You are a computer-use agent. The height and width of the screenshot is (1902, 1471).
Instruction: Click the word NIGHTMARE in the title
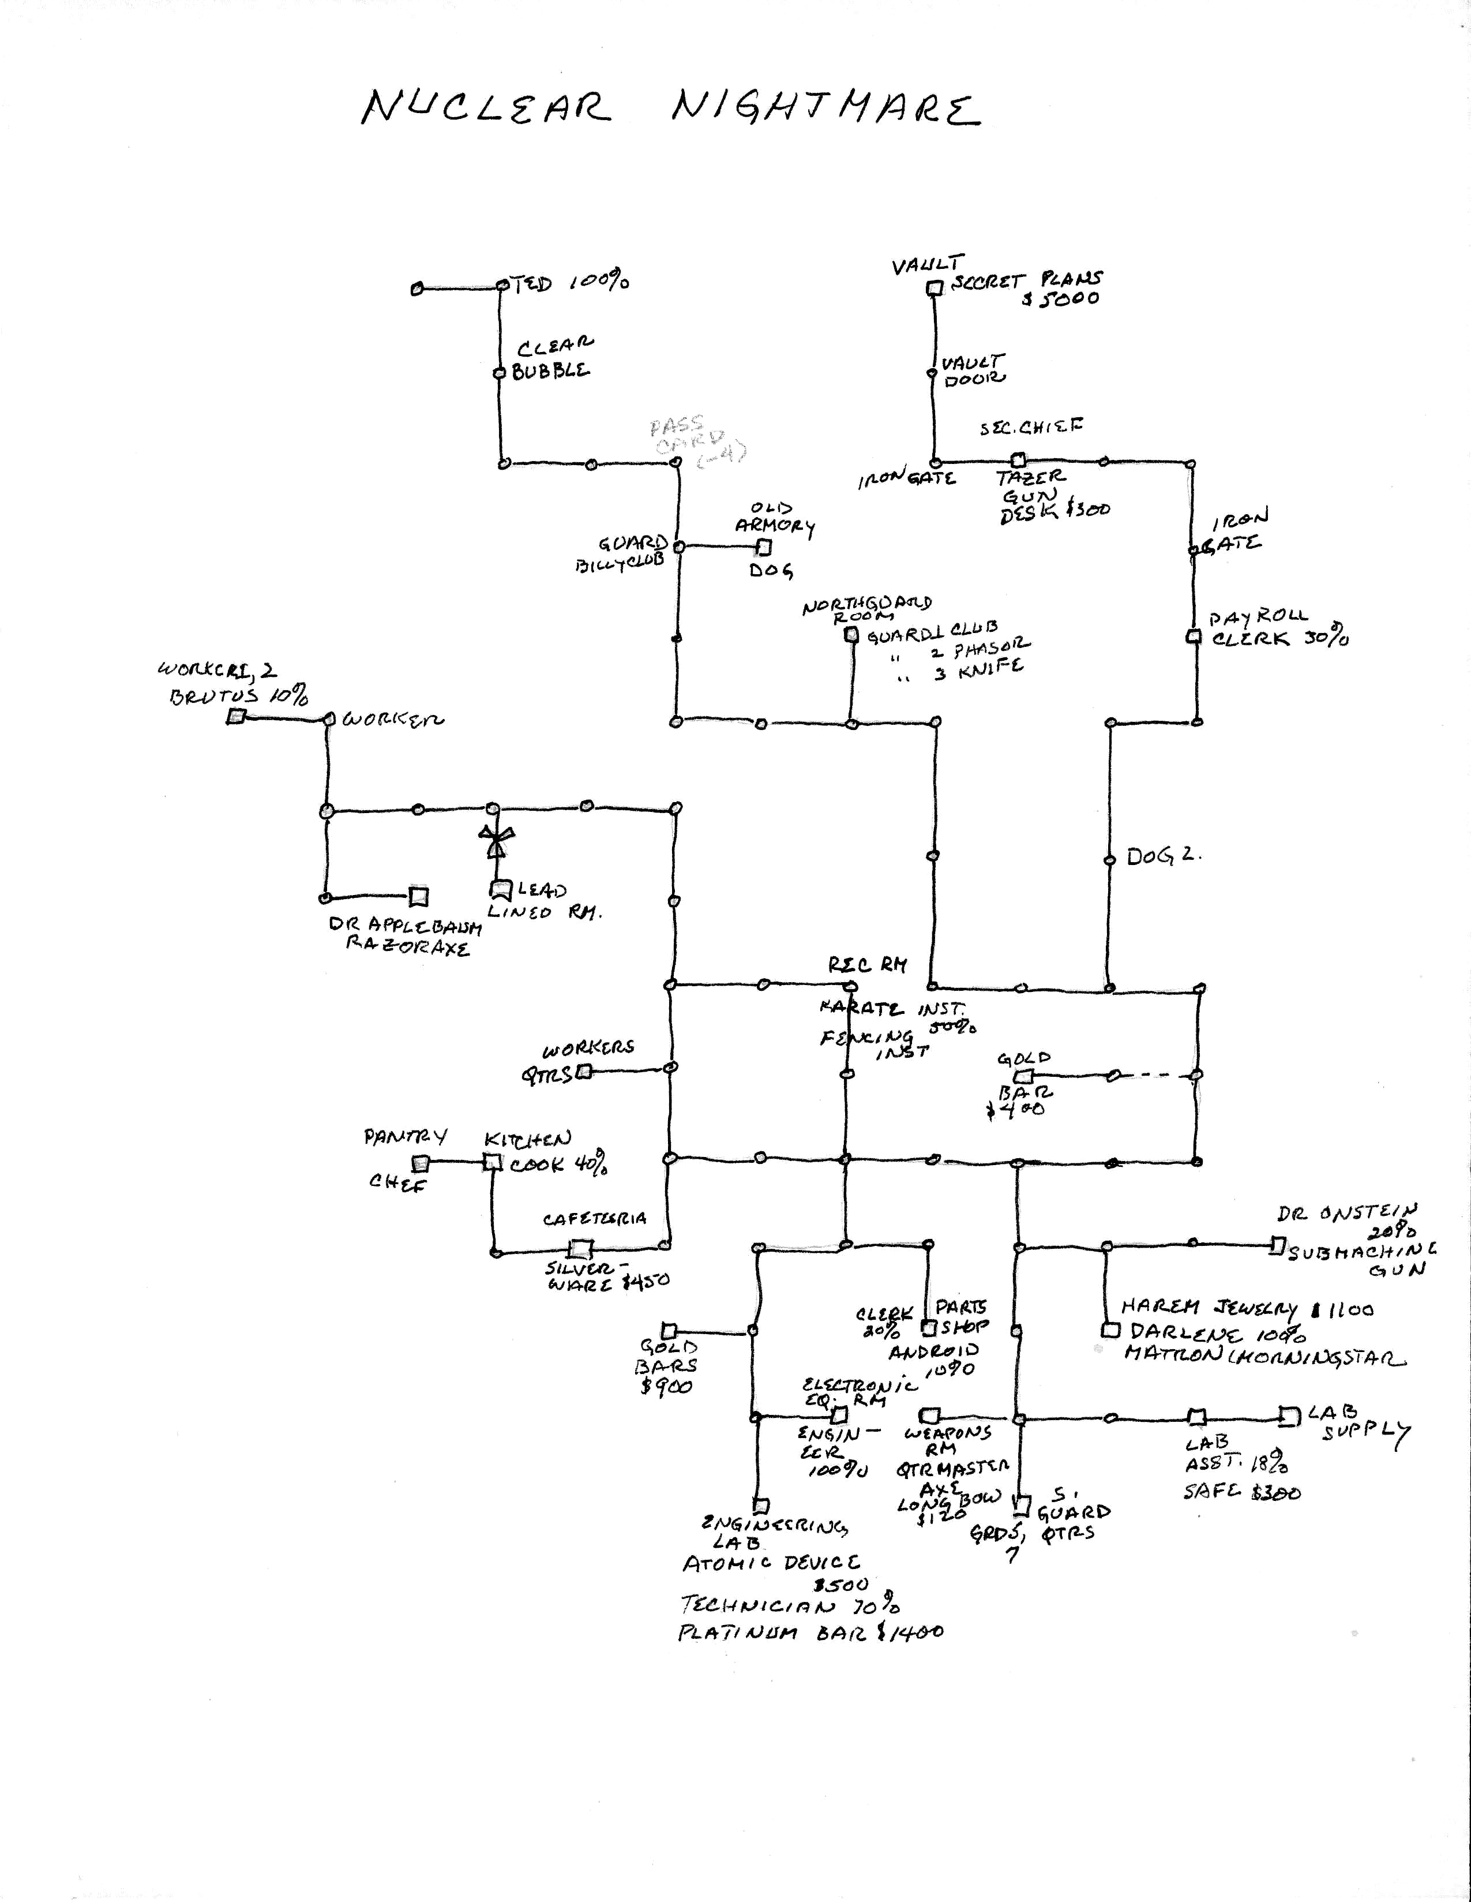[x=825, y=109]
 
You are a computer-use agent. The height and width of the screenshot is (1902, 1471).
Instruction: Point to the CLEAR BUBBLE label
[x=553, y=360]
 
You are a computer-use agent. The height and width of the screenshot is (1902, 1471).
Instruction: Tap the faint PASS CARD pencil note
[x=696, y=443]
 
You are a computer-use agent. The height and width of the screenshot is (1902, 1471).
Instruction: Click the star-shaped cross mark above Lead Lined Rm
[x=496, y=842]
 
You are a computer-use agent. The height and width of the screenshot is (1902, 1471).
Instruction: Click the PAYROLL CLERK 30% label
[x=1278, y=629]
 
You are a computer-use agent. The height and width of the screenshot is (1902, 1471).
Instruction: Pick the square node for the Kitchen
[x=493, y=1162]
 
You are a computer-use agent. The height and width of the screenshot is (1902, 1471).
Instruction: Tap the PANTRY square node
[x=421, y=1163]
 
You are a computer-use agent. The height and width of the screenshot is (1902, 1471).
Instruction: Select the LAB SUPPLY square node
[x=1286, y=1416]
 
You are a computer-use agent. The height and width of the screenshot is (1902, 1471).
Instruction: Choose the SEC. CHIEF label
[x=1031, y=428]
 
